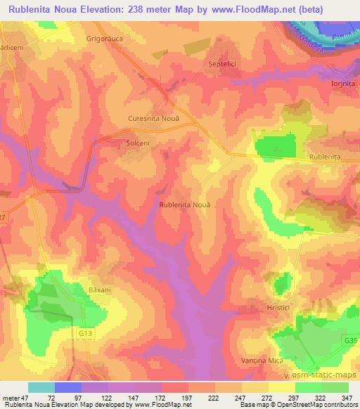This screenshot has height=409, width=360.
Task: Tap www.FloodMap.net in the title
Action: [270, 10]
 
